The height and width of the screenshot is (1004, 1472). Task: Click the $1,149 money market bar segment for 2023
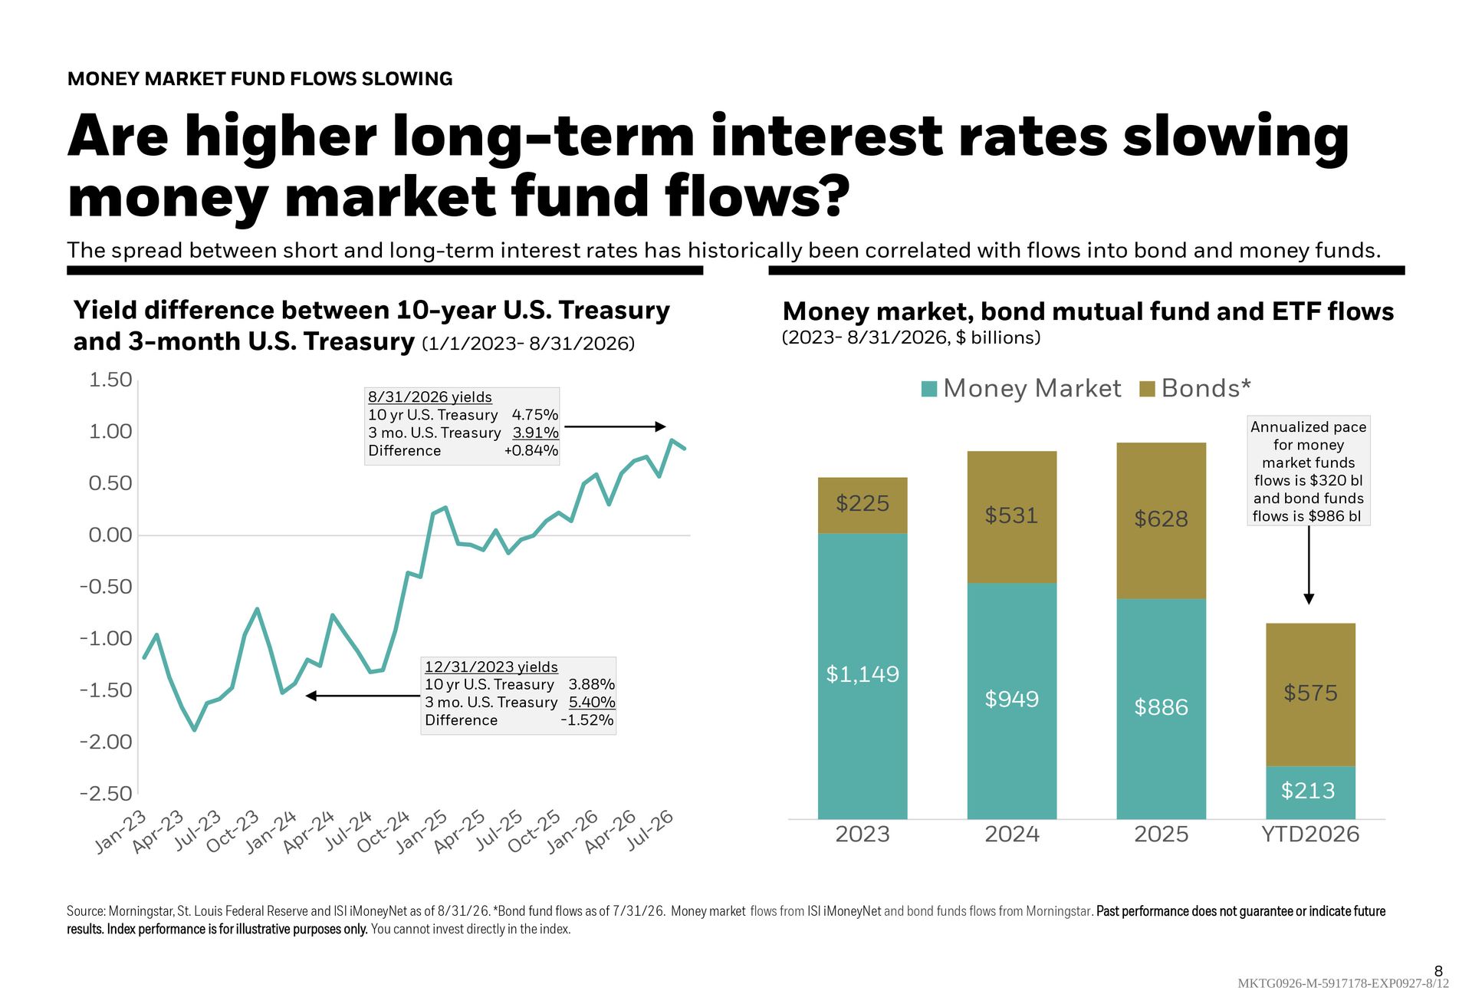tap(863, 676)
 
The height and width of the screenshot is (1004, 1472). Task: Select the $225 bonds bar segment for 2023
tap(863, 505)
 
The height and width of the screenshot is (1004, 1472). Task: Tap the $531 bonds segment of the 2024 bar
tap(1012, 517)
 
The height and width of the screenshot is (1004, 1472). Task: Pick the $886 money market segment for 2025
tap(1161, 709)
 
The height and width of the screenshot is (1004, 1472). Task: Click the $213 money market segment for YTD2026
tap(1311, 792)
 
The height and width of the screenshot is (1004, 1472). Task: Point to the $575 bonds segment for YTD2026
tap(1311, 694)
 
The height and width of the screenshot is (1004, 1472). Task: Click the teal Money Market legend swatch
tap(929, 389)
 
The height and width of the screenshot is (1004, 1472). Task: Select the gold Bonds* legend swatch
tap(1148, 389)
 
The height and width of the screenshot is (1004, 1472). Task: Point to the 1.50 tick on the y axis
tap(110, 380)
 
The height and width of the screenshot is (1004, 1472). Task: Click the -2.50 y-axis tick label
tap(106, 793)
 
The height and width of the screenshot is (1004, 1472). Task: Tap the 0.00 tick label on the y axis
tap(110, 535)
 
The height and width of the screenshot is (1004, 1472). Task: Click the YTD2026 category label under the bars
tap(1311, 834)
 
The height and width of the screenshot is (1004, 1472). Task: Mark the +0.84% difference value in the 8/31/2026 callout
tap(531, 450)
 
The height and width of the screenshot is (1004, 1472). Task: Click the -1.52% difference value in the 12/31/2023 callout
tap(587, 719)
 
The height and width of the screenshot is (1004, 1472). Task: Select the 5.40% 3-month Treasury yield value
tap(592, 702)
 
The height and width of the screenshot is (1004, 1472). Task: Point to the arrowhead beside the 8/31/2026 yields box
tap(661, 426)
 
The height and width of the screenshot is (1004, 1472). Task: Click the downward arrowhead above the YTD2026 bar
tap(1309, 599)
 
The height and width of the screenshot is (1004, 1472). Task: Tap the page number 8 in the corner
tap(1438, 971)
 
